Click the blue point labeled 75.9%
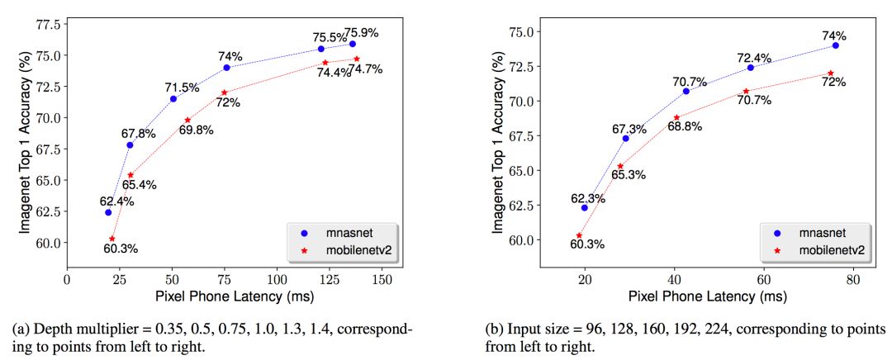(x=353, y=44)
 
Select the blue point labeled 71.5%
(x=173, y=99)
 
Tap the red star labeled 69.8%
(x=187, y=121)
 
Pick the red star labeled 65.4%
(x=130, y=175)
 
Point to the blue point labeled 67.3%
(x=625, y=138)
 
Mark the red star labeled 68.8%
(x=676, y=118)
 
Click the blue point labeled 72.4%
(x=750, y=67)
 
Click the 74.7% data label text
(x=364, y=69)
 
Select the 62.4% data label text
(x=116, y=201)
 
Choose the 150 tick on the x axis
(x=382, y=280)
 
